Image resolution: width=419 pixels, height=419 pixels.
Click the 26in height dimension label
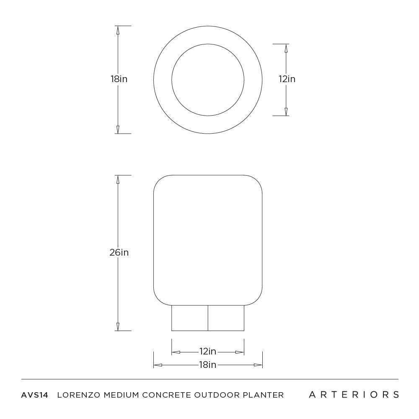click(x=119, y=253)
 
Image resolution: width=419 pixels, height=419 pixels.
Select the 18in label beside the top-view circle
click(x=119, y=79)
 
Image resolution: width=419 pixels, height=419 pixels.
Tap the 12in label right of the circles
click(x=287, y=79)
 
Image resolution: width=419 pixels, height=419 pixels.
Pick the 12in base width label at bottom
click(x=207, y=352)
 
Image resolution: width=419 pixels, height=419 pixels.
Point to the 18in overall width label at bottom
click(x=207, y=365)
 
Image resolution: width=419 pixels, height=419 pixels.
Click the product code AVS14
click(x=35, y=395)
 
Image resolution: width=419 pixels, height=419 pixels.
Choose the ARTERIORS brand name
click(x=354, y=395)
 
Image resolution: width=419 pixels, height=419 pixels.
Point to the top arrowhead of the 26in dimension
click(x=118, y=179)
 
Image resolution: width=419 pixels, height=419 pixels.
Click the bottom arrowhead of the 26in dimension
click(x=118, y=326)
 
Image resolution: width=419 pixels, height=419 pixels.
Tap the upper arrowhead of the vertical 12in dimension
click(x=286, y=48)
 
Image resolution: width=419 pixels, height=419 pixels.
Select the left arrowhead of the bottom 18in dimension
click(x=158, y=365)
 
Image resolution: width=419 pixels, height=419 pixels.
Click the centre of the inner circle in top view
click(x=208, y=80)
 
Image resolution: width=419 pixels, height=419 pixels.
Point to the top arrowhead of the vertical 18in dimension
click(x=118, y=30)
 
